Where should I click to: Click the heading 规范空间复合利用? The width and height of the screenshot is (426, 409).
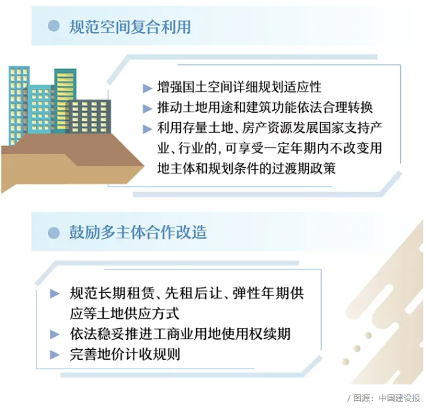tap(130, 27)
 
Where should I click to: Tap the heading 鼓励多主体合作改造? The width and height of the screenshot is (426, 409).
tap(138, 232)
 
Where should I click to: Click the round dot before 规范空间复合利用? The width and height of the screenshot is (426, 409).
tap(54, 26)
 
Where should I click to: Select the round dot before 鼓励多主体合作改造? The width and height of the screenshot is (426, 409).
tap(54, 232)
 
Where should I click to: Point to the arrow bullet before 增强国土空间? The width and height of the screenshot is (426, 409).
tap(147, 88)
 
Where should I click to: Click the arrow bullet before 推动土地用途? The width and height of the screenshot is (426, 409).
tap(147, 109)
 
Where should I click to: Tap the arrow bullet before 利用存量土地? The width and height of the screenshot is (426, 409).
tap(147, 129)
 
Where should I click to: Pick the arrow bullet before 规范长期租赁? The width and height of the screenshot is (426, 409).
tap(54, 293)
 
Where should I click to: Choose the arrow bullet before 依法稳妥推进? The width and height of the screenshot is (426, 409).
tap(54, 334)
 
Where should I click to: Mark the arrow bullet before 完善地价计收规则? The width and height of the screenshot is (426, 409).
tap(54, 355)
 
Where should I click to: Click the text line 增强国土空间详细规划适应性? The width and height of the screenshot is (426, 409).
tap(239, 87)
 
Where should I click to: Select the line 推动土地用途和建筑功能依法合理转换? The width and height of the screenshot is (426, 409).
tap(265, 108)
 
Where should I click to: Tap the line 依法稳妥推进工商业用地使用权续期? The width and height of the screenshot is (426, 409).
tap(180, 334)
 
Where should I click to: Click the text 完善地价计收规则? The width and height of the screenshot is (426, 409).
tap(125, 354)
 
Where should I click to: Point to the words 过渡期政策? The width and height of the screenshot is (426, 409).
tap(302, 168)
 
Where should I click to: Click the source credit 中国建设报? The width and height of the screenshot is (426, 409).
tap(399, 398)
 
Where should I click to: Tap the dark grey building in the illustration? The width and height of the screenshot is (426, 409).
tap(90, 117)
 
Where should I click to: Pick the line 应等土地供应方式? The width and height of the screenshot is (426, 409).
tap(124, 314)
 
